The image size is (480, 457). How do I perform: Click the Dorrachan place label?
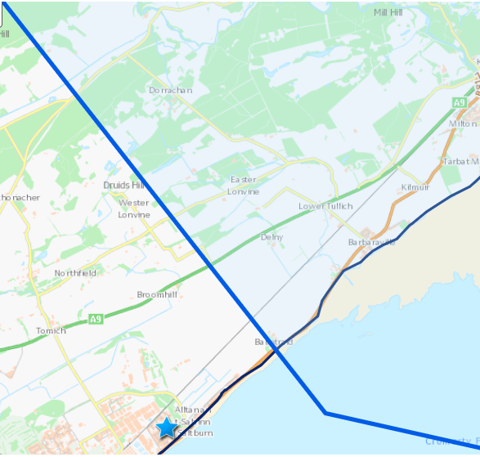click(170, 91)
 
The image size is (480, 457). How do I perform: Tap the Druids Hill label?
click(123, 186)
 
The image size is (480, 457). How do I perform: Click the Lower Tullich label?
click(325, 206)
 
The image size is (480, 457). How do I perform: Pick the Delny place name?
click(271, 237)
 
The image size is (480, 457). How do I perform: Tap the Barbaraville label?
click(372, 242)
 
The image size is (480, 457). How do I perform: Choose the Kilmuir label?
click(415, 188)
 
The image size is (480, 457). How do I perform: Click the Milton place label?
click(463, 123)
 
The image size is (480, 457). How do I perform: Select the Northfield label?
click(75, 273)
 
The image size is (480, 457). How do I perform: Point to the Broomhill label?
click(157, 294)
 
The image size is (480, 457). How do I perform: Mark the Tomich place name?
click(51, 331)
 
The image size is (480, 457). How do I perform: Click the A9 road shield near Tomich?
click(96, 319)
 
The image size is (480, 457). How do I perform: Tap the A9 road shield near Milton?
click(460, 102)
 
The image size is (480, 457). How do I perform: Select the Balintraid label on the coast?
click(273, 341)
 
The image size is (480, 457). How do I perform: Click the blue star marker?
click(167, 427)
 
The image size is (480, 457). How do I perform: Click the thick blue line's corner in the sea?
click(325, 413)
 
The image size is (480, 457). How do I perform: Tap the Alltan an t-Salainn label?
click(195, 415)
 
